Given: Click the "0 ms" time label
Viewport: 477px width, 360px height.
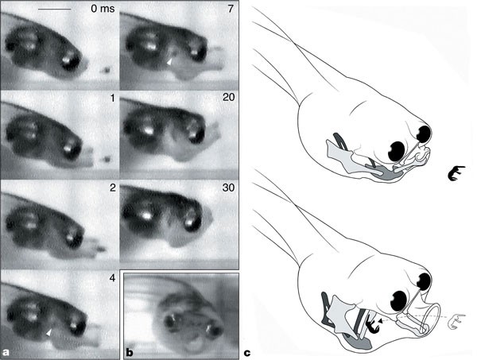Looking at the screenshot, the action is (x=103, y=8).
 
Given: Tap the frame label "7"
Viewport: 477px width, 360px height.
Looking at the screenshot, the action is (x=231, y=8).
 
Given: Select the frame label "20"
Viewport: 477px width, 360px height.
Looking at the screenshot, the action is (x=228, y=98).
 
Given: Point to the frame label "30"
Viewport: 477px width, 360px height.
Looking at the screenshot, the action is (x=228, y=188).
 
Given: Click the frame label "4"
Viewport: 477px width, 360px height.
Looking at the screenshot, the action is (x=112, y=277).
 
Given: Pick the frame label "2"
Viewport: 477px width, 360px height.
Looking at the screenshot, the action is (x=113, y=188).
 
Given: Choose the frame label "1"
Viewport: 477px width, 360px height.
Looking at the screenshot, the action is (x=113, y=98).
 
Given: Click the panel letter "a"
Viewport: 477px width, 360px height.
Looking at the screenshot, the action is (x=6, y=352).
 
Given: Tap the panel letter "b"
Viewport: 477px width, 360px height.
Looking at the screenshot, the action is (x=130, y=352).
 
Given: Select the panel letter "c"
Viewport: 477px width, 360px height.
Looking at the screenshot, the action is (x=247, y=353).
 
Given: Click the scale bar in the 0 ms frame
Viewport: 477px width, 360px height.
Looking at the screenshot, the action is (x=54, y=9).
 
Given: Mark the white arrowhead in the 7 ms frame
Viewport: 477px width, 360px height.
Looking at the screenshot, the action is (x=170, y=61).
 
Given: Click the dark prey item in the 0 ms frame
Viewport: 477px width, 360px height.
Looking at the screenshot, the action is (x=106, y=71).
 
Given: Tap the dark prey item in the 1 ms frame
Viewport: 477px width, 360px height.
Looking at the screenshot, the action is (x=106, y=159).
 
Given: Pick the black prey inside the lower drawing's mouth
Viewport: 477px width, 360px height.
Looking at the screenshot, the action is (x=371, y=323).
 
